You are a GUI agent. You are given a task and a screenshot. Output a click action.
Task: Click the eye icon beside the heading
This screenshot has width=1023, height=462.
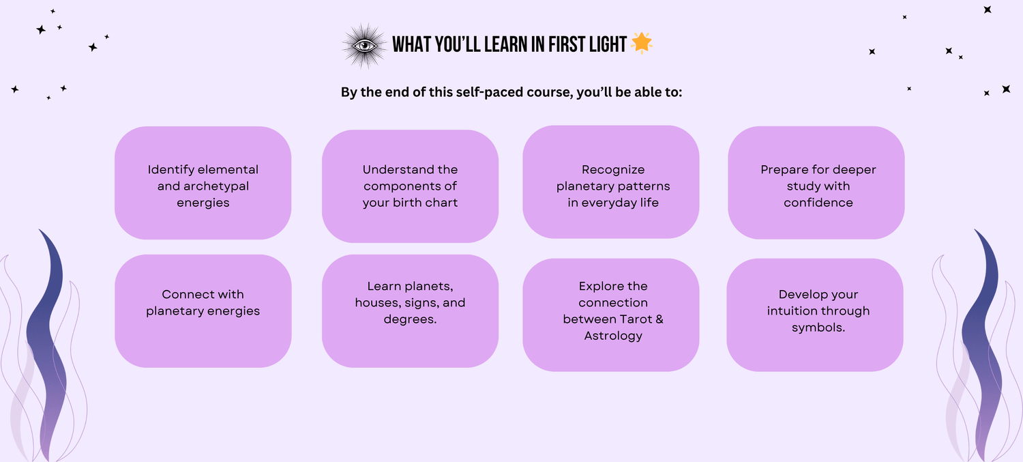click(364, 46)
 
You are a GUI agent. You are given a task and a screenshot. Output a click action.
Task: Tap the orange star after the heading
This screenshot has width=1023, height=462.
click(642, 43)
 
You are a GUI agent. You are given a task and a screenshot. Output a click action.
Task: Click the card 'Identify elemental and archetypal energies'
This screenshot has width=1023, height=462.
click(203, 183)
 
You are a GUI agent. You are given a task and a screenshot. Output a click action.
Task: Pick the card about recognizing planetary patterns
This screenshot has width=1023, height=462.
click(610, 182)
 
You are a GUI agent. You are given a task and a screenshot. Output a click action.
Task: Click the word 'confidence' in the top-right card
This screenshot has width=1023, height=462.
click(818, 203)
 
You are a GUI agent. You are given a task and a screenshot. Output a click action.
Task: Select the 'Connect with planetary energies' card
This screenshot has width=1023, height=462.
click(203, 311)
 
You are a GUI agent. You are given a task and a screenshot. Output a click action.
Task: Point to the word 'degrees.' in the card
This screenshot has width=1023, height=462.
click(410, 319)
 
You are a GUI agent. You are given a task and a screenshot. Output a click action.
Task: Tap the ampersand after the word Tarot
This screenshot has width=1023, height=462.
click(659, 319)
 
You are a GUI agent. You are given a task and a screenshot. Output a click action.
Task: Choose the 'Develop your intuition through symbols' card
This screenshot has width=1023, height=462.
click(815, 315)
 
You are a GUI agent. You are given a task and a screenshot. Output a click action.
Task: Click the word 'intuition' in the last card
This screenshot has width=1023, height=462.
click(793, 311)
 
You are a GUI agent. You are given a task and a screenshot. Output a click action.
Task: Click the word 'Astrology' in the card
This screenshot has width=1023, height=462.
click(613, 336)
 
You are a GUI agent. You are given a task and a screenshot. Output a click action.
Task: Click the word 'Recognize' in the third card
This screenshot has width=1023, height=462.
click(613, 170)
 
